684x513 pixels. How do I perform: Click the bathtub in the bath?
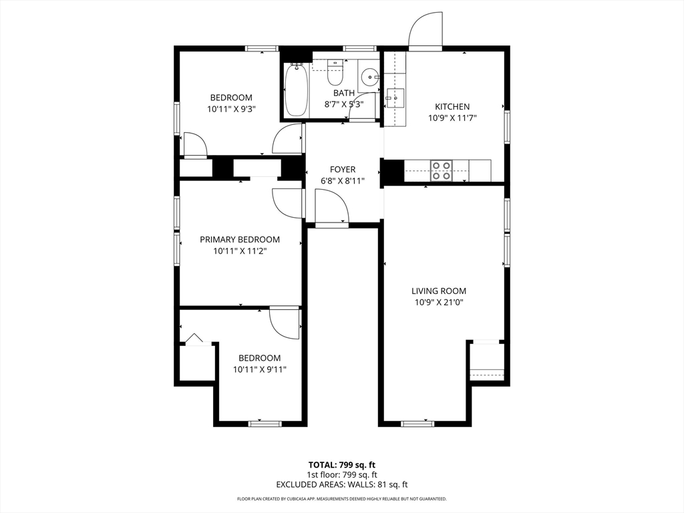click(295, 90)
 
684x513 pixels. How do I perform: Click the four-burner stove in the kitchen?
click(441, 170)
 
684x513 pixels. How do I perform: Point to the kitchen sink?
click(395, 98)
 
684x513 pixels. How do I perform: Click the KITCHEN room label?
click(452, 106)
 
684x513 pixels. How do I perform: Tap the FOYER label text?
click(343, 170)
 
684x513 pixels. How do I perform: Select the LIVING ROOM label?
click(438, 291)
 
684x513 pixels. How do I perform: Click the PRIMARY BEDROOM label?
click(240, 240)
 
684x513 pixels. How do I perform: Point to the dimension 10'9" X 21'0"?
click(438, 302)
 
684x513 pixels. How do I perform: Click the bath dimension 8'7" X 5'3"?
click(344, 104)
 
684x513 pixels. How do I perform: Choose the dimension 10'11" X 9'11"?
click(260, 369)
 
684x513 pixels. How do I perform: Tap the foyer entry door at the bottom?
click(332, 208)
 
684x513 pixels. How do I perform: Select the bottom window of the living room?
click(417, 423)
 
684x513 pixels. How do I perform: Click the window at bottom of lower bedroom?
click(265, 423)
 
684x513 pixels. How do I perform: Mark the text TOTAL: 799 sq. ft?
click(341, 465)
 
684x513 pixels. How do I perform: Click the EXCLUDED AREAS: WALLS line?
click(341, 485)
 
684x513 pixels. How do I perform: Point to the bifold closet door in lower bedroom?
click(194, 339)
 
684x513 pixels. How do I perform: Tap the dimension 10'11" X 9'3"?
click(231, 109)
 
